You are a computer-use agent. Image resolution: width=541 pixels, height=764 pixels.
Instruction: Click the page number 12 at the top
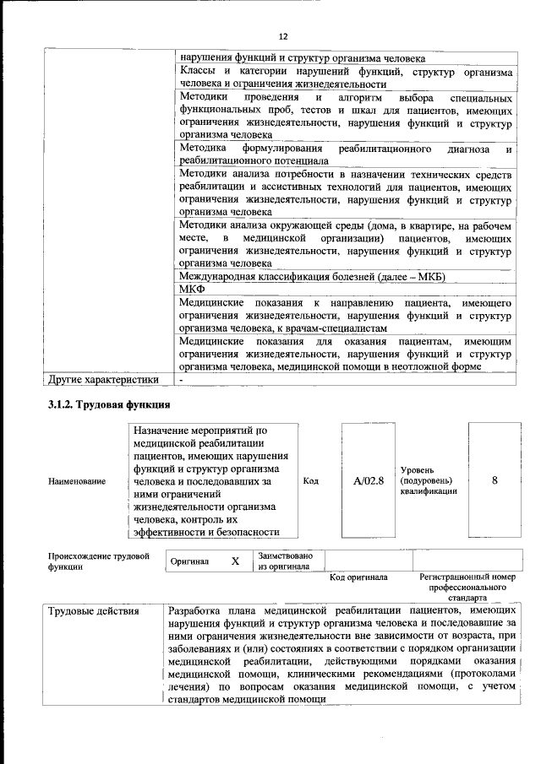click(x=283, y=36)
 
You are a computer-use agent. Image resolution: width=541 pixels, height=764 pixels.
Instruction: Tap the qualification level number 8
click(x=495, y=480)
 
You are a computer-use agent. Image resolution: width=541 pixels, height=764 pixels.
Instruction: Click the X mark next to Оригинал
click(x=236, y=561)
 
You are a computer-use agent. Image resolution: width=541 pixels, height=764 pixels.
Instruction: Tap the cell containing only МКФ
click(x=193, y=289)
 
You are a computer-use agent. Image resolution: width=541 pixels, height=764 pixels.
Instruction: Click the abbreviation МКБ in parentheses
click(x=428, y=277)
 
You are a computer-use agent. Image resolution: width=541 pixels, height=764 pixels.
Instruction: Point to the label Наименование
click(x=77, y=481)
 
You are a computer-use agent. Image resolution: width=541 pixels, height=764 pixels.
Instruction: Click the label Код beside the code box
click(x=310, y=481)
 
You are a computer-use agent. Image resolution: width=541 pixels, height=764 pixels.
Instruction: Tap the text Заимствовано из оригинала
click(x=285, y=561)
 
